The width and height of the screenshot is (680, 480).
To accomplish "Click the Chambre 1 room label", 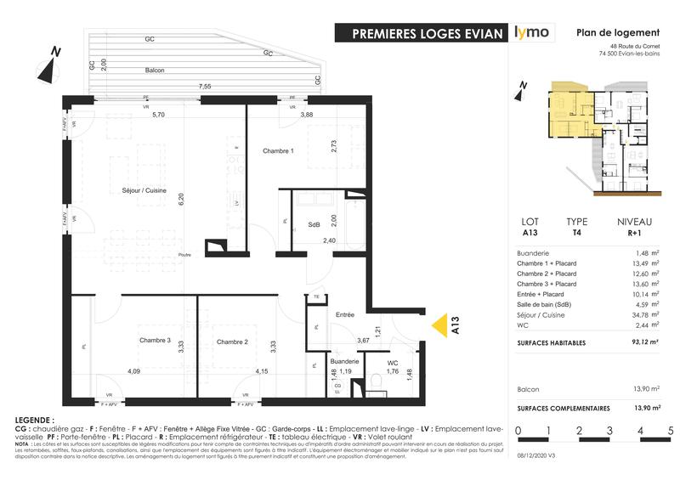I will [x=278, y=151].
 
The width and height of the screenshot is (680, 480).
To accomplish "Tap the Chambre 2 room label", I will [x=231, y=342].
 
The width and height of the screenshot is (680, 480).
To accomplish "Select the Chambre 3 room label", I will [x=155, y=342].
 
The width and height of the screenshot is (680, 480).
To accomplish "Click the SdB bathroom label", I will [x=314, y=223].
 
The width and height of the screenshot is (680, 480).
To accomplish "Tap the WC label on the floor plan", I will [x=392, y=361].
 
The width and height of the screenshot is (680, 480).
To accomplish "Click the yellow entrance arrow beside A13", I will [x=439, y=326].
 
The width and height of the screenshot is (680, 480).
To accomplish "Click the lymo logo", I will [x=532, y=33].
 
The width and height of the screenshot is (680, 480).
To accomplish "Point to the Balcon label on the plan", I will [x=155, y=70].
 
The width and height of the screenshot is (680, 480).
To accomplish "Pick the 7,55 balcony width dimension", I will [x=205, y=86].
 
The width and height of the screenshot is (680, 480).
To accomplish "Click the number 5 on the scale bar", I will [x=671, y=432].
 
